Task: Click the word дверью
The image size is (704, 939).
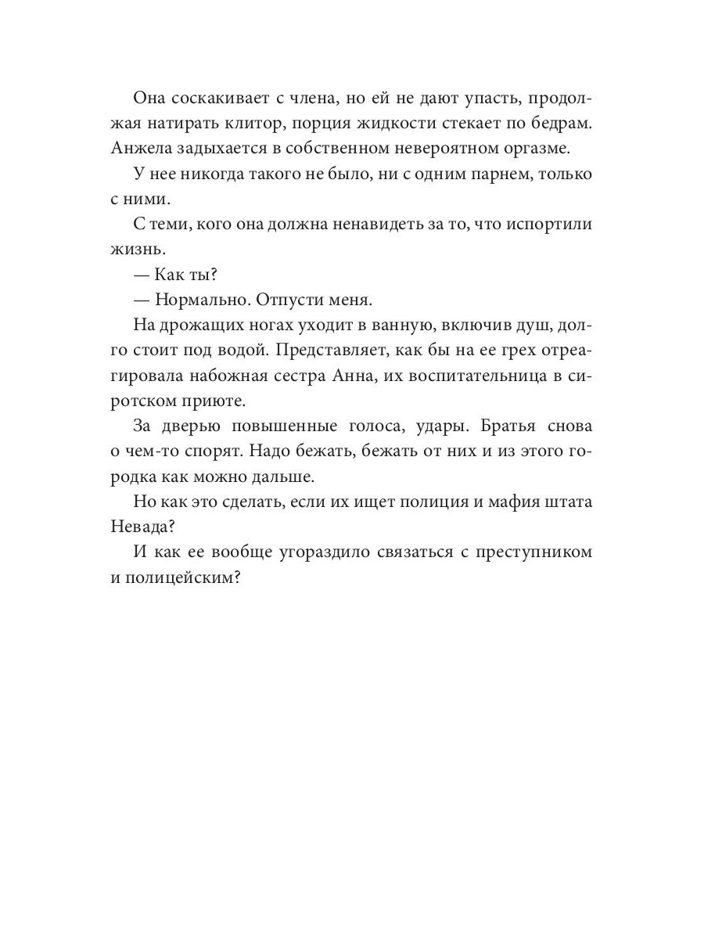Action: tap(194, 426)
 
